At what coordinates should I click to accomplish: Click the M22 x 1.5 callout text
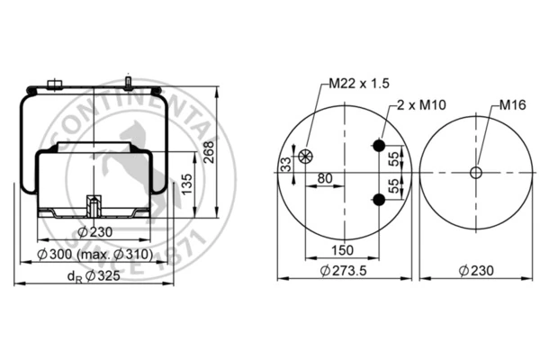point(359,84)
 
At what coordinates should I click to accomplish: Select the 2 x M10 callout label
point(421,104)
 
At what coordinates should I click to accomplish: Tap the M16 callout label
point(513,104)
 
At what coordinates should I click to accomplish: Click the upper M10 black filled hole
point(379,146)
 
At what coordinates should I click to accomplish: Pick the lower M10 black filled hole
point(379,200)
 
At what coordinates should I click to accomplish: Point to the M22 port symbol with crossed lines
point(305,156)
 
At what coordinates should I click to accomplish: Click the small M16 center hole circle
point(475,173)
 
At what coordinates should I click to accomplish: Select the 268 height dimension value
point(209,152)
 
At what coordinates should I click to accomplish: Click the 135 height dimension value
point(186,184)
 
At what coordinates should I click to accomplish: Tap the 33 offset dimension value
point(286,165)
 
